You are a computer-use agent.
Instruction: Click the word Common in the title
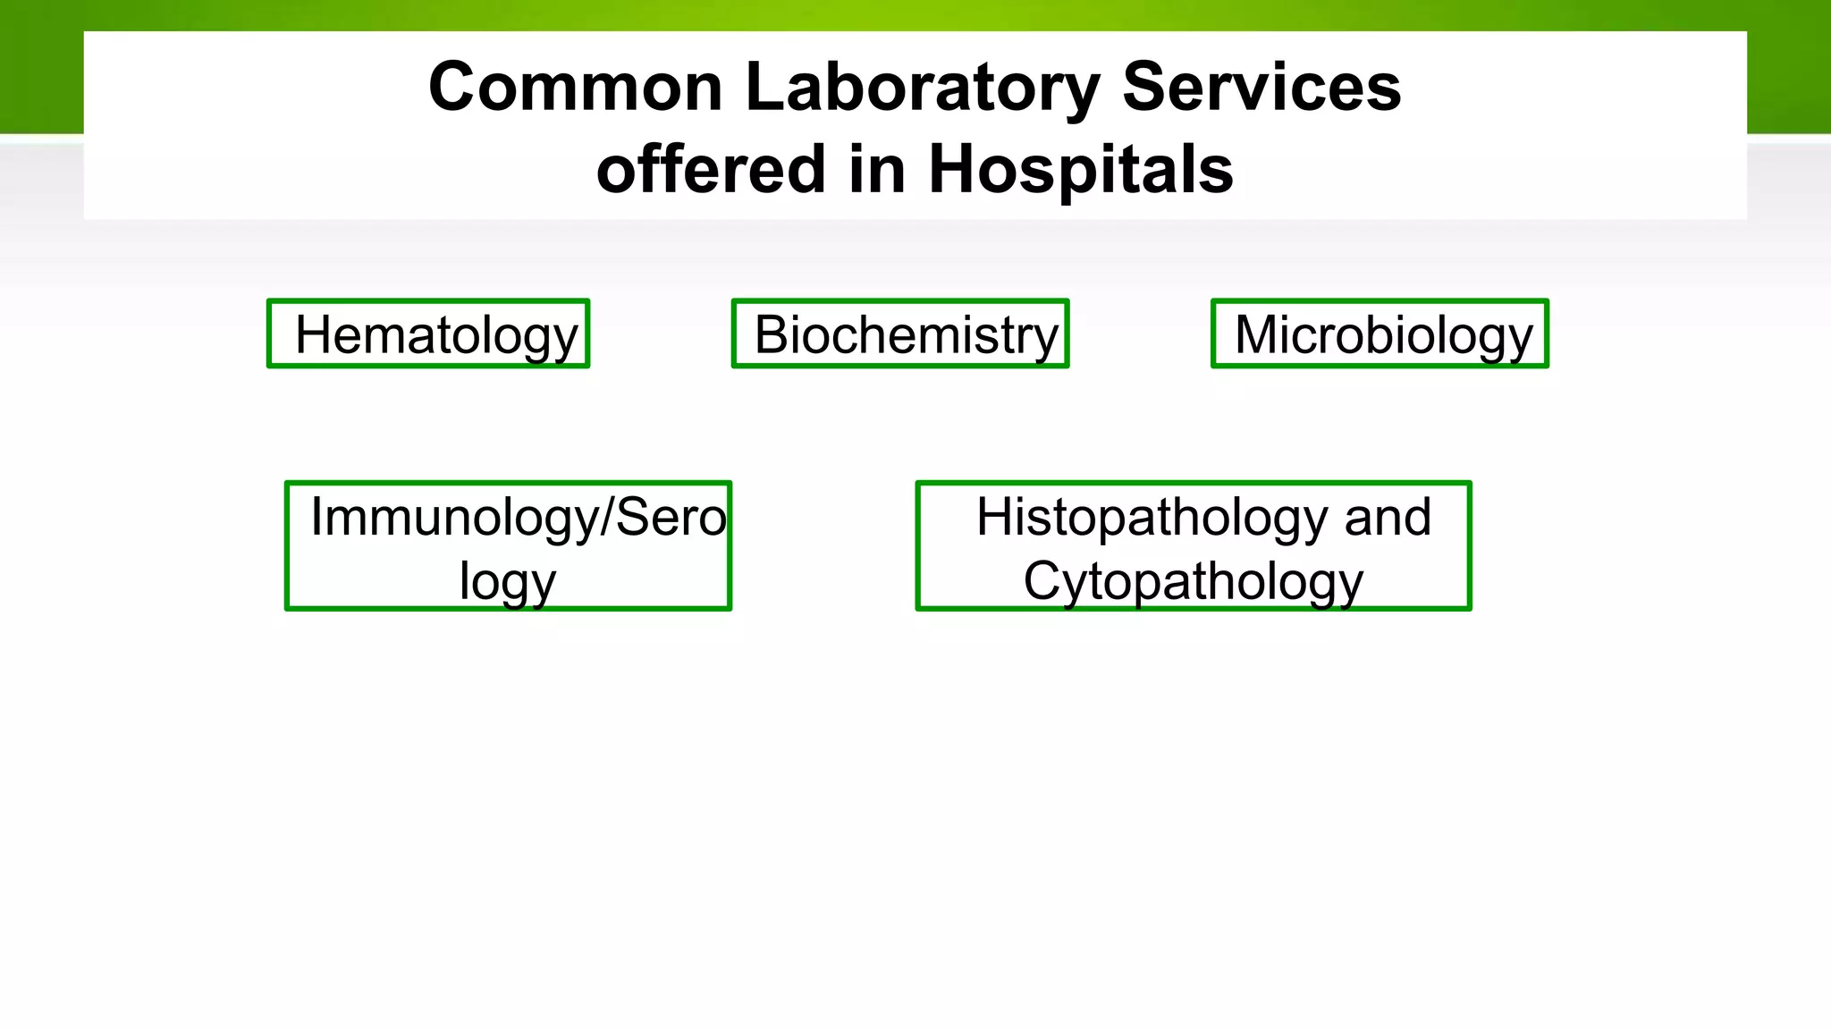[x=575, y=88]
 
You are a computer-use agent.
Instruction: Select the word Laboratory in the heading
[x=922, y=89]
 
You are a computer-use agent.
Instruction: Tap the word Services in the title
[x=1261, y=88]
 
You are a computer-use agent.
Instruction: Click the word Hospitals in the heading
[x=1081, y=171]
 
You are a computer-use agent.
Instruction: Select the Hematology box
[x=428, y=333]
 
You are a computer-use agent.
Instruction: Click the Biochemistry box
[x=900, y=333]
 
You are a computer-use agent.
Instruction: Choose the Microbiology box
[x=1380, y=333]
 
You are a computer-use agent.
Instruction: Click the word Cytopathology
[x=1193, y=582]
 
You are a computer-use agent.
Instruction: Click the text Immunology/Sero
[x=518, y=517]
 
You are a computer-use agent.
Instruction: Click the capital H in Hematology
[x=313, y=334]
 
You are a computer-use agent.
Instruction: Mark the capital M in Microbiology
[x=1257, y=334]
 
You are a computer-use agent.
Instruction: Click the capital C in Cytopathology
[x=1044, y=581]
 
